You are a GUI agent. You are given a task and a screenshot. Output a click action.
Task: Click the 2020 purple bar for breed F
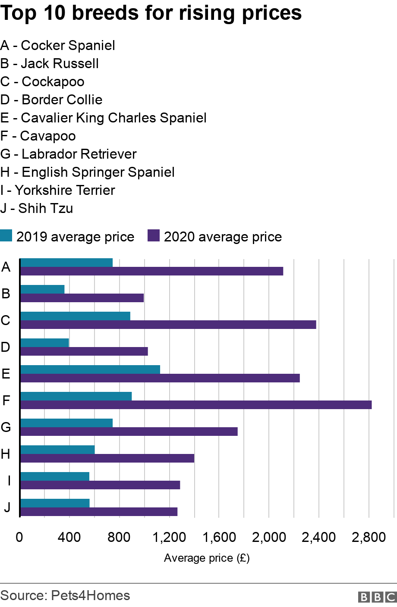(x=196, y=405)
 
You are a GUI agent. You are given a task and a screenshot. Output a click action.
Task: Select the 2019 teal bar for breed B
(x=42, y=289)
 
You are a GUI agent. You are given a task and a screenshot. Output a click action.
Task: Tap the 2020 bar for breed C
(x=168, y=325)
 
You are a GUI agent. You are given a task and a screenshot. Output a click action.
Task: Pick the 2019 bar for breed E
(x=90, y=369)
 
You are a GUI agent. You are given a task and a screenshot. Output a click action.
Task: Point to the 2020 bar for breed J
(x=99, y=512)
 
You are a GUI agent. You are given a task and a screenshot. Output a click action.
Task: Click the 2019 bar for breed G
(x=66, y=423)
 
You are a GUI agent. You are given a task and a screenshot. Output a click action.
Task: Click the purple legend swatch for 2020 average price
(x=154, y=236)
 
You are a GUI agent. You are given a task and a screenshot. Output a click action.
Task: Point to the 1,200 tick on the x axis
(x=169, y=537)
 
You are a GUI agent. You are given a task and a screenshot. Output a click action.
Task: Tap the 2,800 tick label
(x=369, y=537)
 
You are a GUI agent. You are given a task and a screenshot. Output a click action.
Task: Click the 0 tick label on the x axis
(x=19, y=537)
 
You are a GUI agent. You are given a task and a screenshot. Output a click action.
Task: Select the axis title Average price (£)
(x=207, y=558)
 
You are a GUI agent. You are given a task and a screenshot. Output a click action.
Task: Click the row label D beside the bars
(x=6, y=347)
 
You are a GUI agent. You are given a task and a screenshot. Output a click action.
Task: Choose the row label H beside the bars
(x=6, y=454)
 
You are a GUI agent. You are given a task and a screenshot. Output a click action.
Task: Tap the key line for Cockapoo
(x=42, y=81)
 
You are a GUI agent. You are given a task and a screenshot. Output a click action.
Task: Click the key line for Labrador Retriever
(x=69, y=154)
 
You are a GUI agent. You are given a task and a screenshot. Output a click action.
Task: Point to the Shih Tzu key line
(x=37, y=208)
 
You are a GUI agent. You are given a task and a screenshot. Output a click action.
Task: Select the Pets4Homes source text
(x=90, y=595)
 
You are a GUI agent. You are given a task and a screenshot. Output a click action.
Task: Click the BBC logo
(x=377, y=597)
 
